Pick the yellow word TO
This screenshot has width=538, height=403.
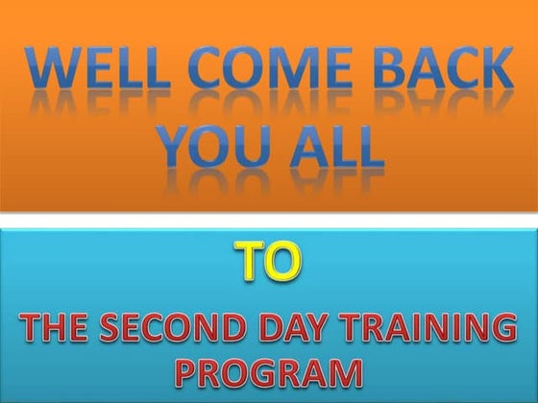(267, 262)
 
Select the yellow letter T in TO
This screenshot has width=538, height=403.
(250, 262)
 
